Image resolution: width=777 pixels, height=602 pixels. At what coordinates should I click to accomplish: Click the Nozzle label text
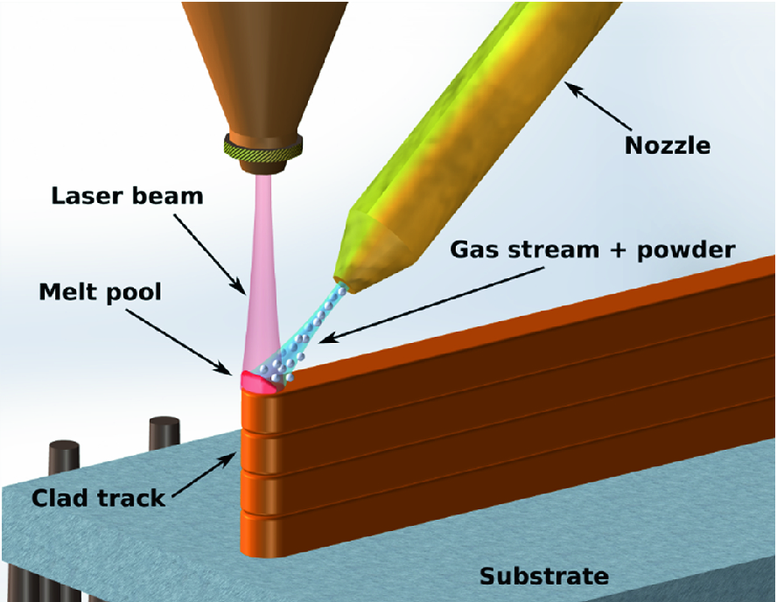coord(667,144)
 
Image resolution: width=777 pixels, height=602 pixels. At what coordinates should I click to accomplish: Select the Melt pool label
coord(100,290)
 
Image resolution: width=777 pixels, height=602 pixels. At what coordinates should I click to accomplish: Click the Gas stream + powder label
coord(592,248)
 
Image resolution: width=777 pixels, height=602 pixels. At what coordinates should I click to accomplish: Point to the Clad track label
coord(98,499)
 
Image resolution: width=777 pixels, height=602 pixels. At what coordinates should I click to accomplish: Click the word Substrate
coord(543,576)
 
